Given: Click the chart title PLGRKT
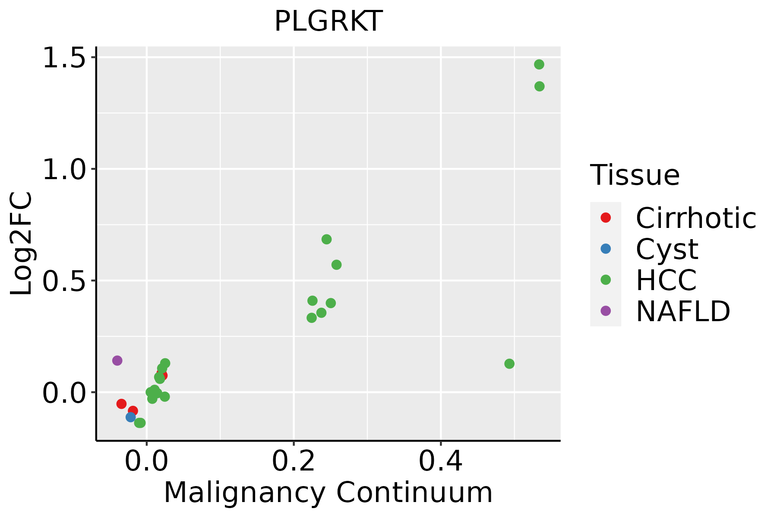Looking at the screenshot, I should tap(328, 21).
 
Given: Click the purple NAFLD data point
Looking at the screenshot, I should tap(117, 360).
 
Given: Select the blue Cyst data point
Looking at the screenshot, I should tap(131, 417).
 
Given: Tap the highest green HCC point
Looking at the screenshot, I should tap(539, 65).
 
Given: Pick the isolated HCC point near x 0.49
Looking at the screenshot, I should tap(509, 364).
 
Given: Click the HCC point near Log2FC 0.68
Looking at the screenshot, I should tap(327, 239).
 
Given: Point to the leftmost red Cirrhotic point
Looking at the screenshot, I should tap(121, 404).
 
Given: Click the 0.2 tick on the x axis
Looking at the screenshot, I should tap(294, 461).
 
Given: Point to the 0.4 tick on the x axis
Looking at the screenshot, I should tap(441, 461).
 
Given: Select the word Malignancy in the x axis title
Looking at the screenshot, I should tap(244, 493).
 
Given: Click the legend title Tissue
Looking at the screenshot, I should tap(635, 175).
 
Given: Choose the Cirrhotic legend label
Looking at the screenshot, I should tap(696, 218).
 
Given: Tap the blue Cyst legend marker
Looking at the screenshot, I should tap(606, 249).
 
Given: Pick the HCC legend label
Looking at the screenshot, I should tap(666, 280).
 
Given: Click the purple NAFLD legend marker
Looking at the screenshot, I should tap(606, 311).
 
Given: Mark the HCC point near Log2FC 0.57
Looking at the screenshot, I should tap(337, 265).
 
